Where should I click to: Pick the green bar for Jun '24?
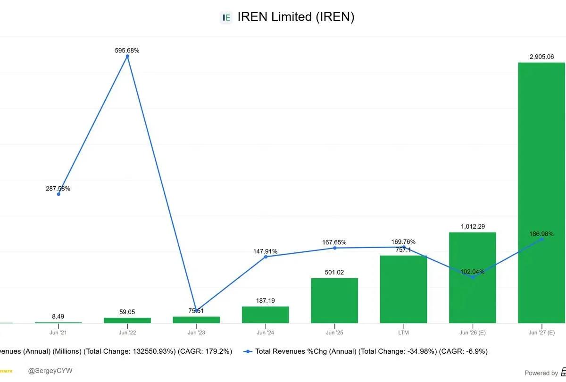coord(265,315)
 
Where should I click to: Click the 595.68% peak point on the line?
coord(127,56)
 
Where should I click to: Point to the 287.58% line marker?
coord(58,194)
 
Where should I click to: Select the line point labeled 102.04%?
coord(473,277)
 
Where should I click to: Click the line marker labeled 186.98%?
coord(541,239)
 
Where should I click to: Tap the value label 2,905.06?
coord(541,57)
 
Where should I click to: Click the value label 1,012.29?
coord(473,226)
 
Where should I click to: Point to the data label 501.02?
coord(334,272)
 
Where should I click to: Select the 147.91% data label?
coord(265,251)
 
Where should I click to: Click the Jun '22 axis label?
coord(127,332)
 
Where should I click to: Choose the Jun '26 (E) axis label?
coord(473,332)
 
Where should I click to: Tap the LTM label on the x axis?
coord(403,332)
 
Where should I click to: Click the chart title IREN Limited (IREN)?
coord(296,17)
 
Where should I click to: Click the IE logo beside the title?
coord(226,18)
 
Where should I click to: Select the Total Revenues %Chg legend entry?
coord(366,351)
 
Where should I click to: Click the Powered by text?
coord(541,373)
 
